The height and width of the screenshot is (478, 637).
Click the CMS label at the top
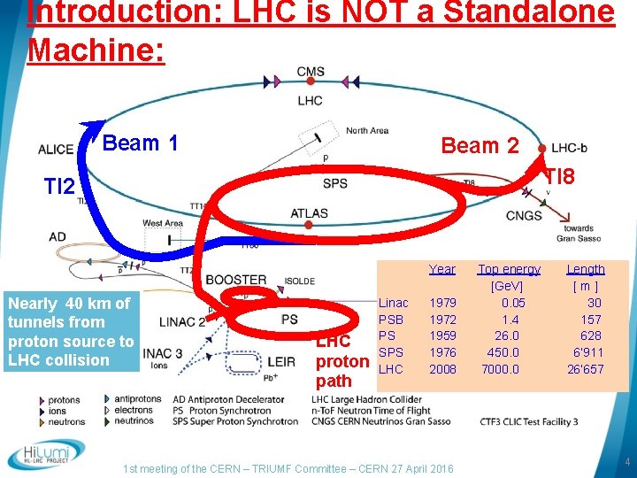click(x=310, y=73)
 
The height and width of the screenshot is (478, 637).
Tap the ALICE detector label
click(x=56, y=150)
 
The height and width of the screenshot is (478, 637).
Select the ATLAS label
click(x=309, y=213)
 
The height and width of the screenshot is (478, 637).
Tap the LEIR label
click(x=280, y=362)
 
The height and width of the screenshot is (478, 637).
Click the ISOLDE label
click(x=299, y=281)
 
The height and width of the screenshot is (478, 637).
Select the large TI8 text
click(x=559, y=177)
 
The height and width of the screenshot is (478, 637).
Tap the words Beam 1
click(x=142, y=143)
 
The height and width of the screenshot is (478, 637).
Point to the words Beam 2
click(x=480, y=146)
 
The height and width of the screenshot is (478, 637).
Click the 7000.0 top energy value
click(x=500, y=369)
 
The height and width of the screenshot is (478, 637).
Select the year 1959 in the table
click(x=442, y=335)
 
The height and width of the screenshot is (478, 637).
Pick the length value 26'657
click(x=585, y=369)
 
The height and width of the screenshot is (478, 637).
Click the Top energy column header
click(x=509, y=269)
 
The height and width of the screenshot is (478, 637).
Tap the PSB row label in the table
click(x=390, y=319)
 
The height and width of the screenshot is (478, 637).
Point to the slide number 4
click(x=626, y=462)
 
